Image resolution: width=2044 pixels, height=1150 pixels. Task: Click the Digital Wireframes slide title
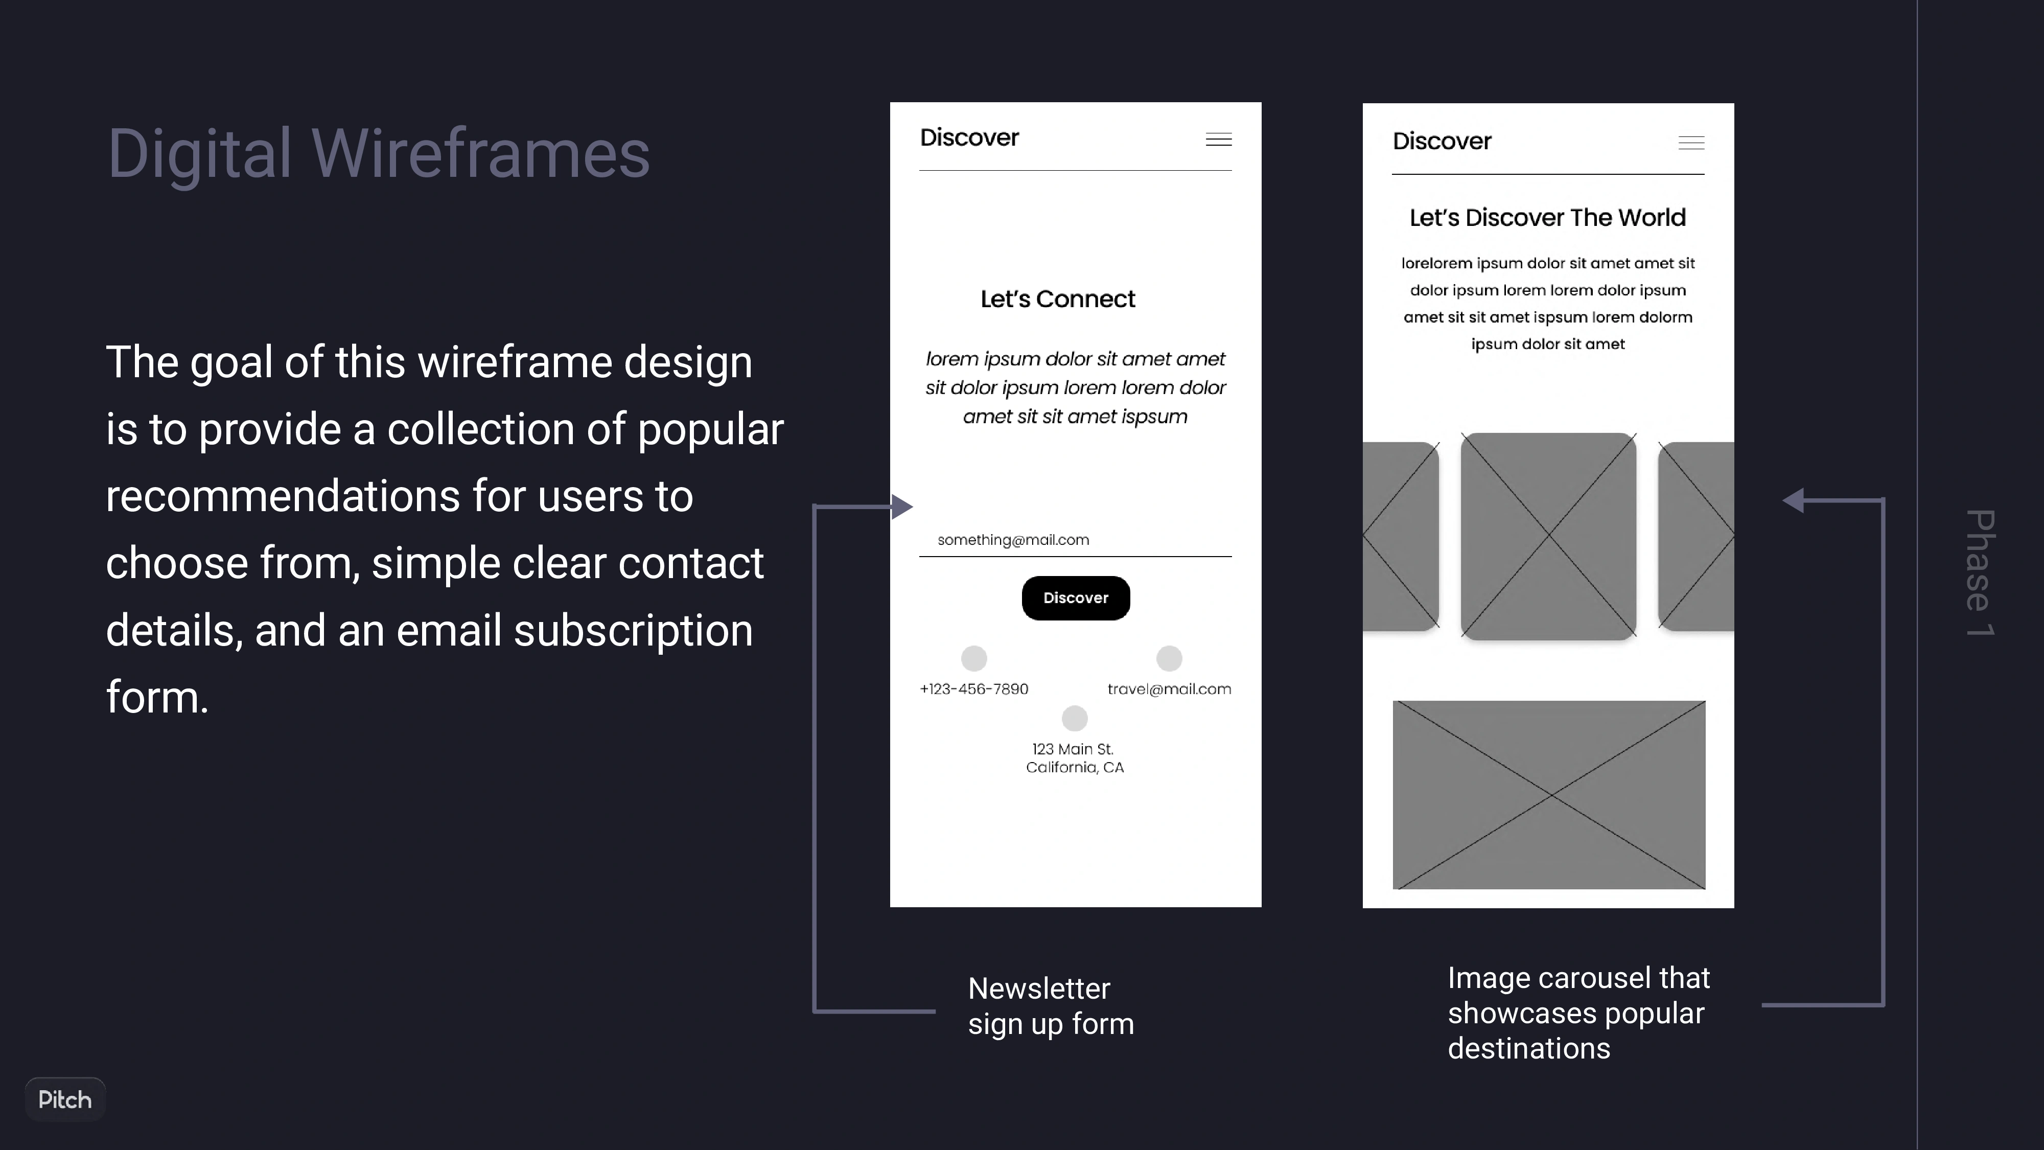[379, 153]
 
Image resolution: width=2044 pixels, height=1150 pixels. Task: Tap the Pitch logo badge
[65, 1099]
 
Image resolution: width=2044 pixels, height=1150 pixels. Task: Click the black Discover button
[1075, 597]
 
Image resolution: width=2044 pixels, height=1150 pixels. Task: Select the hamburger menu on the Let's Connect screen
[1219, 140]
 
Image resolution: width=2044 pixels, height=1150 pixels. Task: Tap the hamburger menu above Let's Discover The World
[1691, 143]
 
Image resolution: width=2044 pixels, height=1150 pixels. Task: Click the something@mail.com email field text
[1013, 540]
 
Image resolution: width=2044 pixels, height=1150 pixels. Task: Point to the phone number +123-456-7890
[973, 689]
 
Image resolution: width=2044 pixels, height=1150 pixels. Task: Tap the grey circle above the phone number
[973, 658]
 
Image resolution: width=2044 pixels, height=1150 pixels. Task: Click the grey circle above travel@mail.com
[1169, 658]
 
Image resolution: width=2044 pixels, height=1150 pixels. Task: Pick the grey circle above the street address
[1074, 718]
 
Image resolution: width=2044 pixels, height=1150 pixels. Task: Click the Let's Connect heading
[1058, 299]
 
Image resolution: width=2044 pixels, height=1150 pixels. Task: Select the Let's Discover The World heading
[1547, 217]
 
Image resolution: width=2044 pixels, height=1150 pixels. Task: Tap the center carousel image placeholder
[1548, 537]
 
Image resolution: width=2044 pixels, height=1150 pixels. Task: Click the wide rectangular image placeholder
[1549, 794]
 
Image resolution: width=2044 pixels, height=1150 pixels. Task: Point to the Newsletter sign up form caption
[1051, 1006]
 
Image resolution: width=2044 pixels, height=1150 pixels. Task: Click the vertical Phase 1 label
[1980, 572]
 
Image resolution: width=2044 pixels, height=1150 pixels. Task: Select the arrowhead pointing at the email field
[902, 507]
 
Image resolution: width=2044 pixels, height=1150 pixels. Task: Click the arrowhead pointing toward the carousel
[1793, 500]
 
